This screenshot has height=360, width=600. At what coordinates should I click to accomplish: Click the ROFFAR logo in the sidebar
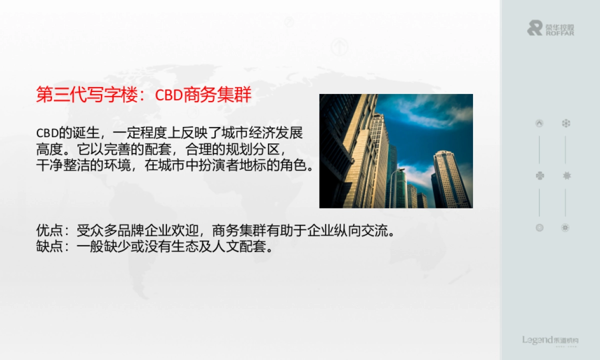[x=550, y=28]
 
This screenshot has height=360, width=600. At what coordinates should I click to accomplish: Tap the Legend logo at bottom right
[x=550, y=340]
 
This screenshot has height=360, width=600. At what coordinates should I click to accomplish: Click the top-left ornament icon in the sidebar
[x=539, y=123]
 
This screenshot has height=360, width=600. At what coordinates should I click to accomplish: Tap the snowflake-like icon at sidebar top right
[x=565, y=123]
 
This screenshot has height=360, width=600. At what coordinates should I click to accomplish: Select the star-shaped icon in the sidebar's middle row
[x=565, y=175]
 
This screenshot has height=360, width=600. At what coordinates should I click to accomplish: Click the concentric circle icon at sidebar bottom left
[x=539, y=227]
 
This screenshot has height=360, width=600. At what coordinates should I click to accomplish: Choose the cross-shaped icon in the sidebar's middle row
[x=539, y=175]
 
